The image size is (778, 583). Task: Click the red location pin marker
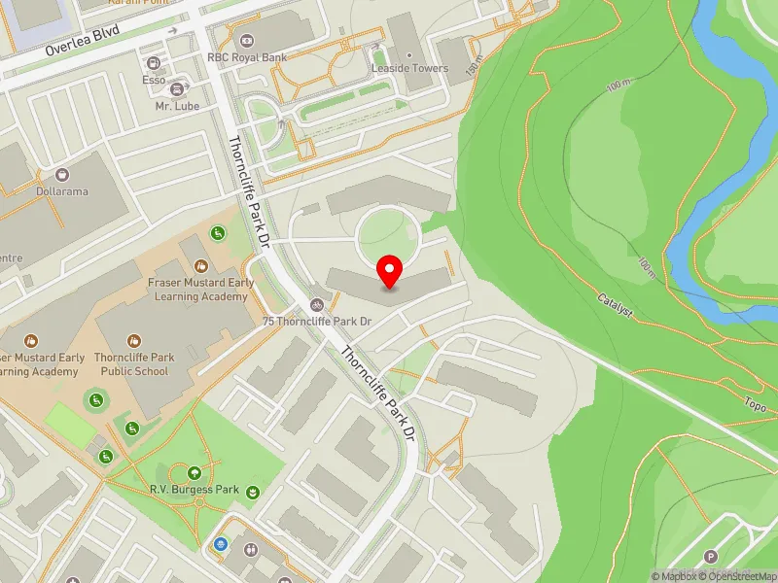click(x=390, y=271)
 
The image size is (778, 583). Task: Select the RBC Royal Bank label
click(x=247, y=57)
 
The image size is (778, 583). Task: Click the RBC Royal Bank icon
click(x=246, y=41)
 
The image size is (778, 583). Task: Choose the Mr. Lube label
click(x=163, y=105)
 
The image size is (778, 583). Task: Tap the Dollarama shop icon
click(x=63, y=175)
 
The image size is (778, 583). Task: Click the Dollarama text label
click(x=62, y=191)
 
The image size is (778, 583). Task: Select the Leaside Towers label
click(x=409, y=69)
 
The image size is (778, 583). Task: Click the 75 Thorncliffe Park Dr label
click(x=317, y=321)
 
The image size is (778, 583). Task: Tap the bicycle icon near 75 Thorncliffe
click(x=316, y=304)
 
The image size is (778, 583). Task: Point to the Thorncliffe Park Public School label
click(x=136, y=363)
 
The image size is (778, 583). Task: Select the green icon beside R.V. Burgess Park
click(x=253, y=492)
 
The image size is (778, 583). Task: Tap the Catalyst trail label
click(x=616, y=307)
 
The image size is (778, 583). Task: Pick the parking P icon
click(x=710, y=557)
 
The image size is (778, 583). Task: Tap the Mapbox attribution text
click(x=675, y=576)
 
